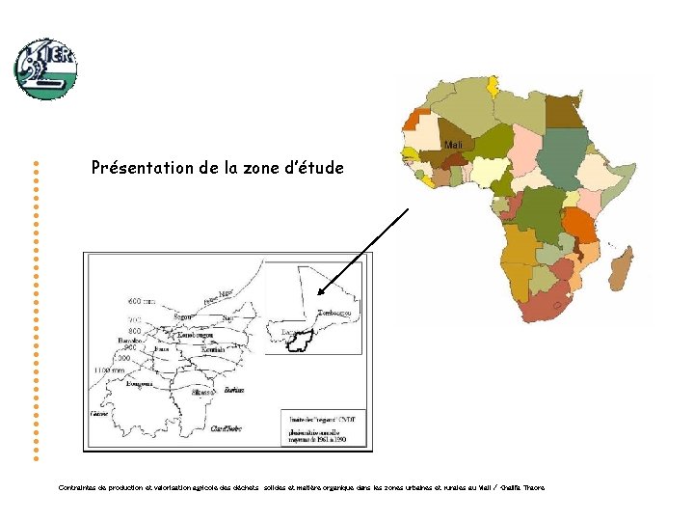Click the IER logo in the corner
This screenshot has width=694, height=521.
click(45, 69)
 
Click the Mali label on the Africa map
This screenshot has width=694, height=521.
click(454, 145)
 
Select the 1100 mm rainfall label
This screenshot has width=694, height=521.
click(108, 370)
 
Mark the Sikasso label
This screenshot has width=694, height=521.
click(202, 393)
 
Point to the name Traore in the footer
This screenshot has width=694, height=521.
click(533, 487)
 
